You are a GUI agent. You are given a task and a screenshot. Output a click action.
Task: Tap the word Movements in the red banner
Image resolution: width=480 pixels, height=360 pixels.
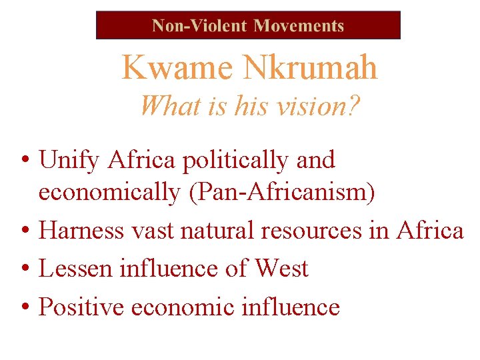tap(299, 26)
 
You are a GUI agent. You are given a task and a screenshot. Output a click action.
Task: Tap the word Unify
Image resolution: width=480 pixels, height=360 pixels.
tap(69, 160)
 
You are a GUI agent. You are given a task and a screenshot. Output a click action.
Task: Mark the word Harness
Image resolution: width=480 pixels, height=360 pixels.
tap(81, 230)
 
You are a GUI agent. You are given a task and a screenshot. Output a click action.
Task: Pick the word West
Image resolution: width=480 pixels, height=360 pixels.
tap(281, 269)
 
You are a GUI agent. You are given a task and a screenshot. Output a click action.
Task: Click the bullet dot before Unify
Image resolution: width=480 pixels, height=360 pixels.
tap(24, 161)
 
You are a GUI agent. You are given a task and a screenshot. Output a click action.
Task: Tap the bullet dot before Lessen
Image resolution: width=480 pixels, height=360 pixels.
tap(24, 269)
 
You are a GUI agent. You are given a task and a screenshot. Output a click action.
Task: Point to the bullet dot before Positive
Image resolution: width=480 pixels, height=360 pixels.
tap(24, 308)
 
